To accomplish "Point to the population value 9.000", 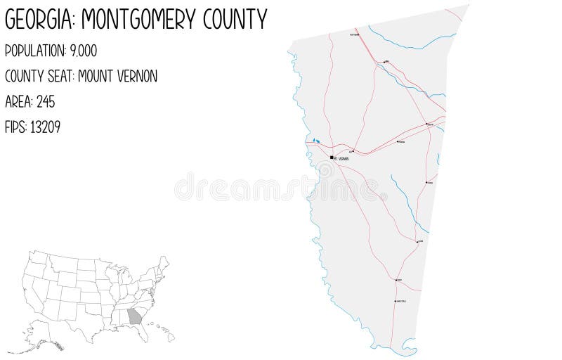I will click(83, 51).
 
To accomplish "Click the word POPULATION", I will click(34, 51).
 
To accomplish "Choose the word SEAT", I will click(60, 77).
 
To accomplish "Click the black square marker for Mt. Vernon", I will click(332, 158).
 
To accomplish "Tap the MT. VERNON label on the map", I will click(342, 159).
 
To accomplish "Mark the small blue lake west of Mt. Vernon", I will click(317, 141).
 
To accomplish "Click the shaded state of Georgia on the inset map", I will click(135, 316).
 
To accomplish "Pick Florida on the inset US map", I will click(145, 333).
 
